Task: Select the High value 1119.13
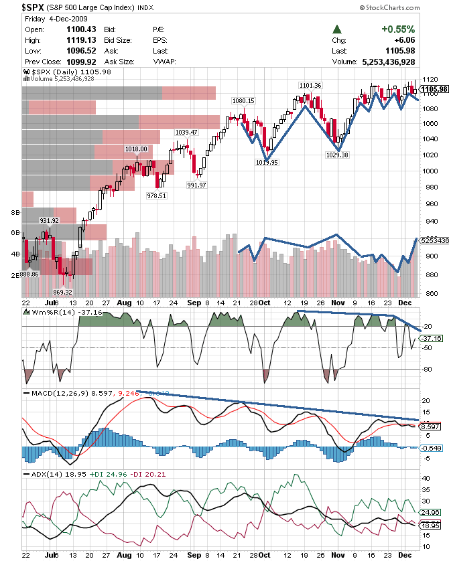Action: coord(75,40)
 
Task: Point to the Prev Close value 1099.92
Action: coord(75,62)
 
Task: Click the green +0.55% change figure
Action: coord(398,29)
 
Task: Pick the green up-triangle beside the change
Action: coord(337,29)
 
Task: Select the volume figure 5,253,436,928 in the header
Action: coord(387,62)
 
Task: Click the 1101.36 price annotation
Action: coord(310,85)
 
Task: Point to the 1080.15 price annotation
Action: coord(243,100)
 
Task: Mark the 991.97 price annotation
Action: coord(197,185)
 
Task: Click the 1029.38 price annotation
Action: coord(337,155)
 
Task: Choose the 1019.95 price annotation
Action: coord(267,162)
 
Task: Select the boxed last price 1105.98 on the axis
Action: coord(434,88)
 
